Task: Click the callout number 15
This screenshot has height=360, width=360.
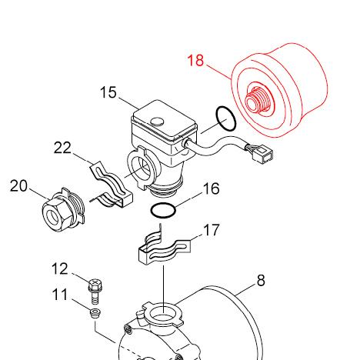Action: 108,93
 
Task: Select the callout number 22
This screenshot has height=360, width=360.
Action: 63,148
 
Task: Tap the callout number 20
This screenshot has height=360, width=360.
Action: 18,186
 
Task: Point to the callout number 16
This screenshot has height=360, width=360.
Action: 211,189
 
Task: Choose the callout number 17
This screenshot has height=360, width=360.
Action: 212,230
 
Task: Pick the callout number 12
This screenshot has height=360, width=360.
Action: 60,268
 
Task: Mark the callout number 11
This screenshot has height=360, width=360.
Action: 60,294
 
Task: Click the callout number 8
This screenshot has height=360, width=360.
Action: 261,281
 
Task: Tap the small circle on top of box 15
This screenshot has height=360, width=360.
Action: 157,122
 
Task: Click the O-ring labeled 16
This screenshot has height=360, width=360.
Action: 163,209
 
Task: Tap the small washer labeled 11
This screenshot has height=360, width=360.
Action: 95,315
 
